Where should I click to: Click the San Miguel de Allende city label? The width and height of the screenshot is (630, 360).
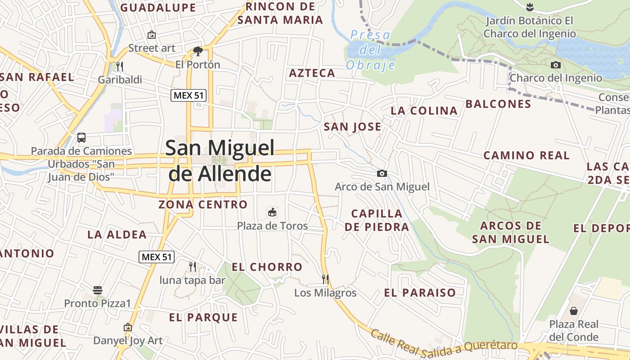pos(220,160)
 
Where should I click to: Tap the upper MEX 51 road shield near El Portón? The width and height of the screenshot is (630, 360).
pos(189,95)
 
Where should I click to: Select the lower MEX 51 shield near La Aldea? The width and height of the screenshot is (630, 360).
pos(156,257)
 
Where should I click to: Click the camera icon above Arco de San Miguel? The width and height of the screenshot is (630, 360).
pos(382,173)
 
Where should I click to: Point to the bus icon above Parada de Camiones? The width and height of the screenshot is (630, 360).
pos(81,138)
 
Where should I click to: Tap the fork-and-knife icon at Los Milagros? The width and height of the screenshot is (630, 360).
pos(325,279)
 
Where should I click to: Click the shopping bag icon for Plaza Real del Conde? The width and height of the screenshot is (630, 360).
pos(574,310)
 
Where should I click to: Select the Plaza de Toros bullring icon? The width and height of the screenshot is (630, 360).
pos(272,212)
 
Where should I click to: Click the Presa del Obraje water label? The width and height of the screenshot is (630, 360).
pos(370,49)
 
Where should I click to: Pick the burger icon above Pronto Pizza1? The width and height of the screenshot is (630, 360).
pos(98,290)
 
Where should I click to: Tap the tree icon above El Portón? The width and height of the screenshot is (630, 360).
pos(198,51)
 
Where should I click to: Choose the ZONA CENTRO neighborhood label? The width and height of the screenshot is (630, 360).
pos(203,205)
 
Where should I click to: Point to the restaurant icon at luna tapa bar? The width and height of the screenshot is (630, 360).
pos(193,266)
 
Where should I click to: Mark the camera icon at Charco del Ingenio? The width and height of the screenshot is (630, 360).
pos(556,65)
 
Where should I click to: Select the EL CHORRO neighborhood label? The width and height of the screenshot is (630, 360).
pos(267,267)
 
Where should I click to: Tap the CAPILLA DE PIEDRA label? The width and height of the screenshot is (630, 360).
pos(377,220)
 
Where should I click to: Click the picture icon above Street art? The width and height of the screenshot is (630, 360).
pos(152,34)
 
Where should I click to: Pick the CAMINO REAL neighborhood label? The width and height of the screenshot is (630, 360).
pos(526,156)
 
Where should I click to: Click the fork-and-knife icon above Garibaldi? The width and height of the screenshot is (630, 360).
pos(119,67)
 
